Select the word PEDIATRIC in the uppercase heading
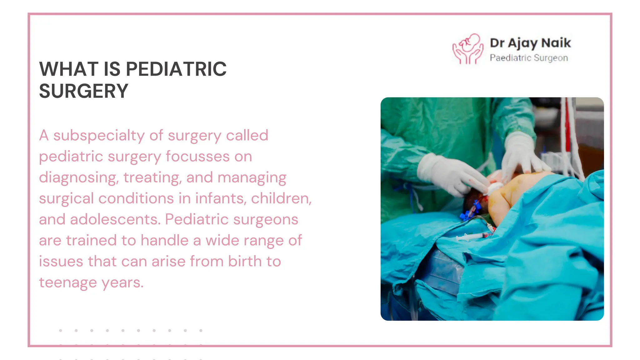tap(176, 69)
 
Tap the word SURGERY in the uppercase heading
tap(84, 91)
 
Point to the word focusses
tap(197, 156)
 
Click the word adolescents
tap(115, 219)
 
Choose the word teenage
tap(68, 283)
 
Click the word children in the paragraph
tap(281, 198)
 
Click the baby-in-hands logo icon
tap(468, 49)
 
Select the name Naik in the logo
tap(556, 43)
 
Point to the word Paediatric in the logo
tap(510, 58)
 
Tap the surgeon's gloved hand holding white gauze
tap(453, 175)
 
